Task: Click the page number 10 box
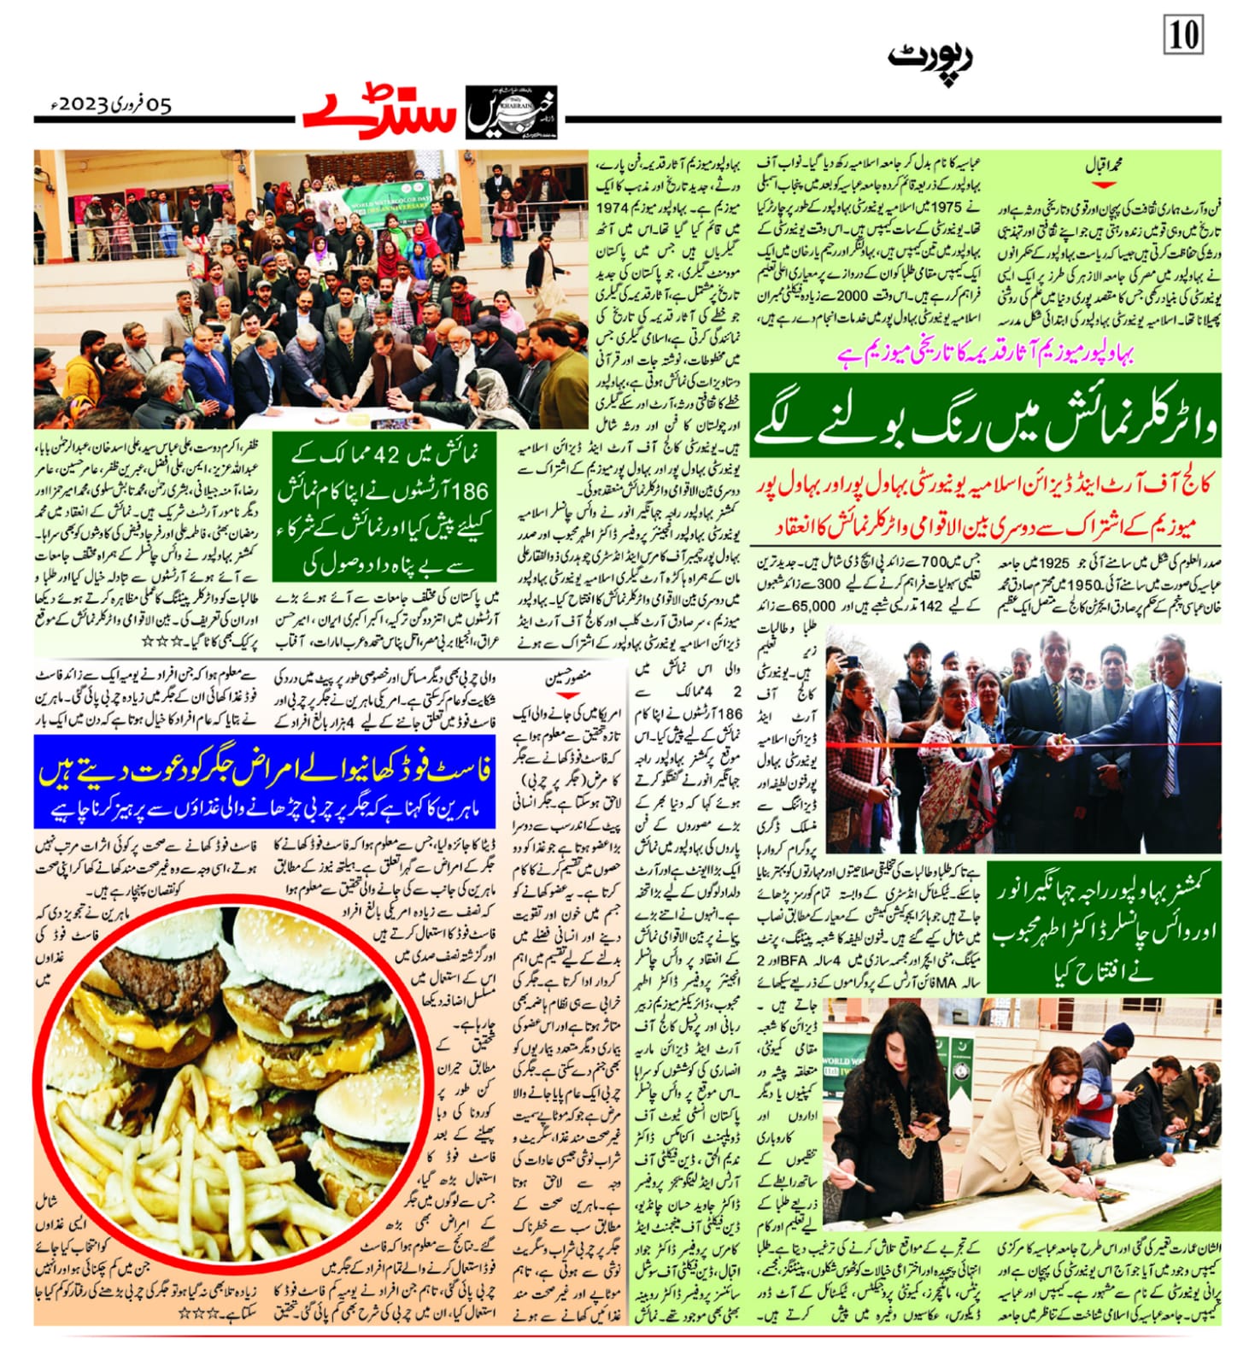tap(1183, 36)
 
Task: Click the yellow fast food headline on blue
tap(265, 772)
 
